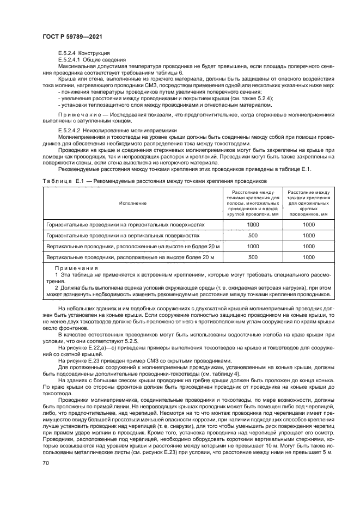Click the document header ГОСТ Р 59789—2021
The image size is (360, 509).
pyautogui.click(x=72, y=36)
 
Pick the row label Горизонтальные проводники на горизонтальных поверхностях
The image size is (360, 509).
pyautogui.click(x=126, y=224)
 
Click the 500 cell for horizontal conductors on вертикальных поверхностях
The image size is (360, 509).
pyautogui.click(x=253, y=236)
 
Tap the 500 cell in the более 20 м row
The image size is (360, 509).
pyautogui.click(x=253, y=257)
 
